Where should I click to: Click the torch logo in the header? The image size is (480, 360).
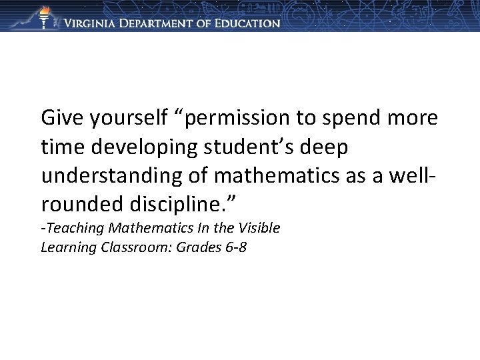pos(45,17)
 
